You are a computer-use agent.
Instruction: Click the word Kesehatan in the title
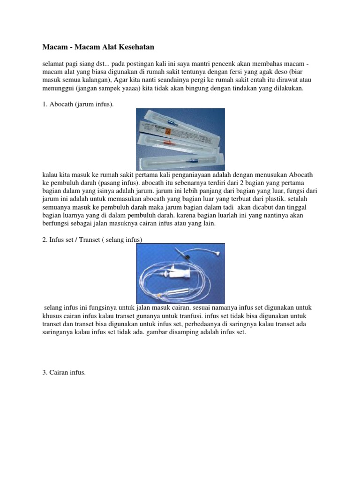(136, 47)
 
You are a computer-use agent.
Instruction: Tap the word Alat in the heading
(106, 47)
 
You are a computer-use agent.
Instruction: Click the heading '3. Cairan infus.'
(64, 373)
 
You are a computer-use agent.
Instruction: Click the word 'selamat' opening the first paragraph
(53, 64)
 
